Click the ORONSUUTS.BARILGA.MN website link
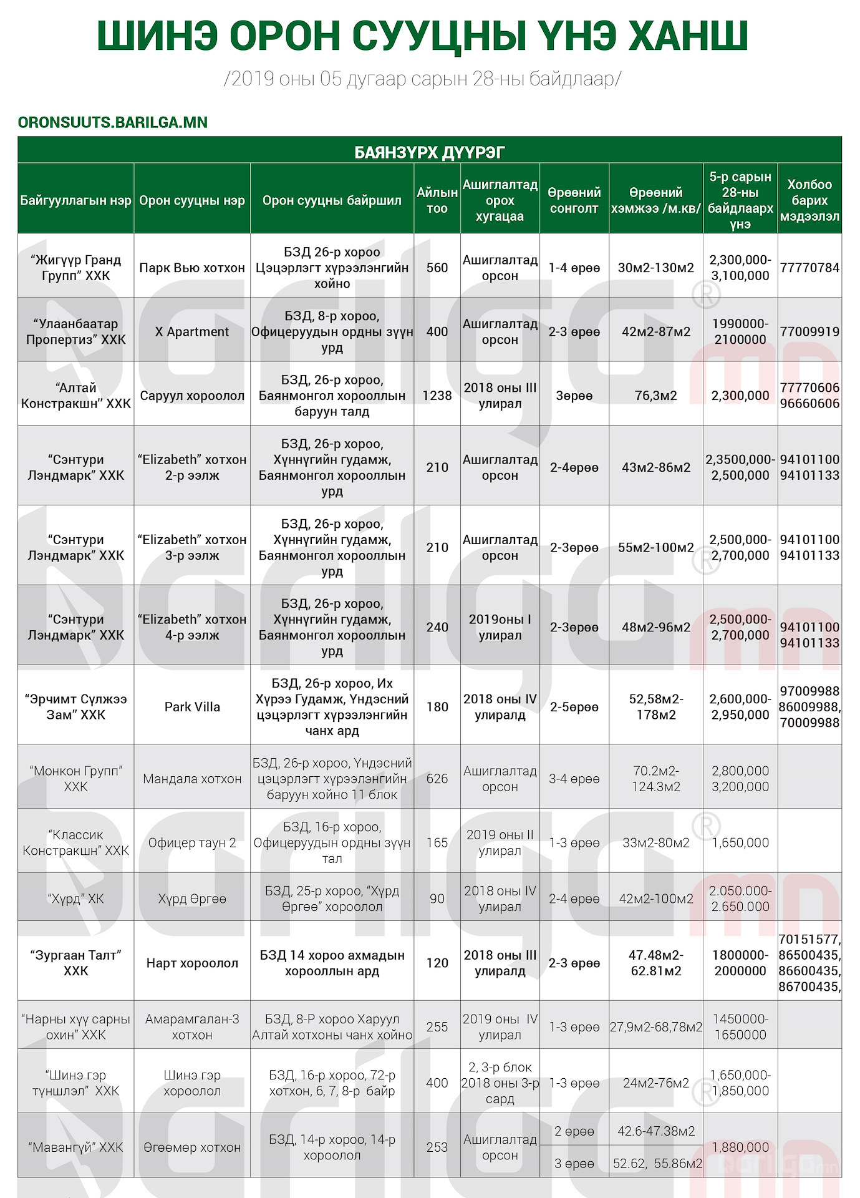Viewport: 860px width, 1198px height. (113, 122)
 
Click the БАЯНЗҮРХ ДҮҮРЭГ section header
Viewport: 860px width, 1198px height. (429, 152)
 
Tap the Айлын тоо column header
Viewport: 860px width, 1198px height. (437, 200)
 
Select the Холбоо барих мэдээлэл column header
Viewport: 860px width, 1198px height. (809, 200)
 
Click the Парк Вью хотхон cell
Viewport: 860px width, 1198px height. (192, 268)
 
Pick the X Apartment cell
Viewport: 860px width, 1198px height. (192, 332)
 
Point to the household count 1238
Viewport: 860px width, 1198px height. (437, 396)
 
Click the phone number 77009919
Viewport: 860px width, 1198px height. (809, 332)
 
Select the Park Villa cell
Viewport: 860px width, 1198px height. (192, 707)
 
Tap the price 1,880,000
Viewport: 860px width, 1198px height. (740, 1147)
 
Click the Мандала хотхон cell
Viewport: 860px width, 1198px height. (192, 779)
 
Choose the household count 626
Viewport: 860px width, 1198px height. (437, 779)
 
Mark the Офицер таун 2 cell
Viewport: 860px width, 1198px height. (192, 843)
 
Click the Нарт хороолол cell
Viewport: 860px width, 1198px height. (192, 963)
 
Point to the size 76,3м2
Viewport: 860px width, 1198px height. (655, 396)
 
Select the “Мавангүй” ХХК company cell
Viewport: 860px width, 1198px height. (75, 1147)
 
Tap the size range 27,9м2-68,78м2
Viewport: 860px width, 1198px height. (655, 1027)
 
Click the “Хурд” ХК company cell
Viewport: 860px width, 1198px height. (75, 899)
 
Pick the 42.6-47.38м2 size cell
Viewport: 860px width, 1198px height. (655, 1131)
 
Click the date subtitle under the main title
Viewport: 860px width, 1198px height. (422, 79)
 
